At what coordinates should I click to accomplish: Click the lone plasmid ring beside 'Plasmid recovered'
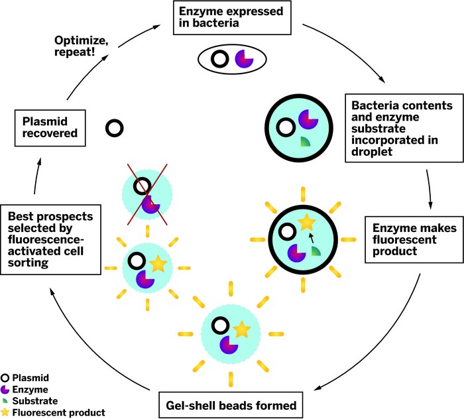tap(116, 127)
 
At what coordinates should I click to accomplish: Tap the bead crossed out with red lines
tap(147, 195)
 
